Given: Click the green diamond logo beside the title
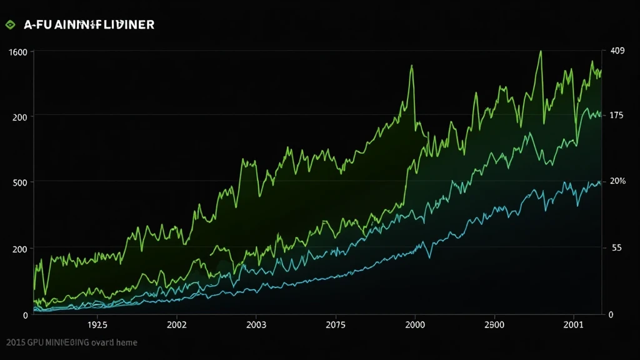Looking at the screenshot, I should point(9,25).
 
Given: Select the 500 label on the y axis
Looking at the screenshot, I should point(20,182).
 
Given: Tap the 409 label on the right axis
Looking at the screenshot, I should point(617,51).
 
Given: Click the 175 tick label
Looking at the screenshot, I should point(616,116).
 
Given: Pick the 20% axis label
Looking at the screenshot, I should point(617,181).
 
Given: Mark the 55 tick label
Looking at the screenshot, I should point(616,248).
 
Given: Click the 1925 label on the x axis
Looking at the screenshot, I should point(97,325).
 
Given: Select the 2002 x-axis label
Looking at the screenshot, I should point(177,325).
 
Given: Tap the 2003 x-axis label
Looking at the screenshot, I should point(256,325).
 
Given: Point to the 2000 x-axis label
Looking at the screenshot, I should point(415,325).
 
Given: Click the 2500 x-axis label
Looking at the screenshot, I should point(494,325).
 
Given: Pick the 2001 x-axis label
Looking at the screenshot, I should point(574,325).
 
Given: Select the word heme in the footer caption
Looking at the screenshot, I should point(125,342).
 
